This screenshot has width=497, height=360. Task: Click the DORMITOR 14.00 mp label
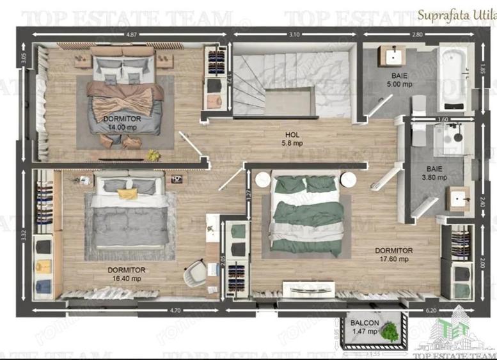[121, 123]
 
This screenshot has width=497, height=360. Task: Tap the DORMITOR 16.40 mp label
[126, 274]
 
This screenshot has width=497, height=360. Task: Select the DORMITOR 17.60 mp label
[393, 254]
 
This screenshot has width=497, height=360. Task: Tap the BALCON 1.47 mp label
[364, 327]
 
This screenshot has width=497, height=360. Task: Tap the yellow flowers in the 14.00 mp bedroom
[152, 155]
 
